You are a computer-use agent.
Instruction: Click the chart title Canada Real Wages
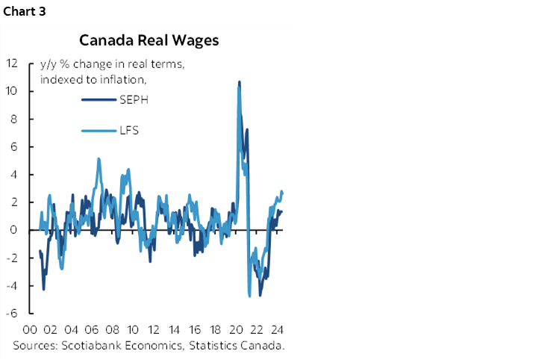(149, 40)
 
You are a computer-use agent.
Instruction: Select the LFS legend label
(129, 131)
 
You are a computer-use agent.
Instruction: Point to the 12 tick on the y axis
(11, 63)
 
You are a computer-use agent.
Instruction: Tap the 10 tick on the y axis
(11, 91)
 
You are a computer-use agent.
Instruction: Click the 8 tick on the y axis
(13, 119)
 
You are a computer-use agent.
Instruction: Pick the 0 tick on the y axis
(13, 230)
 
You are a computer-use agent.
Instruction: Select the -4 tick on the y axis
(12, 285)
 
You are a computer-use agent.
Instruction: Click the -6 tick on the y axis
(12, 313)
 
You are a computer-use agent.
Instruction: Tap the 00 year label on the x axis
(31, 330)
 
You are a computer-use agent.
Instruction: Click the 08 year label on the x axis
(112, 330)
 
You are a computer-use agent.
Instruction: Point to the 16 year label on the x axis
(195, 330)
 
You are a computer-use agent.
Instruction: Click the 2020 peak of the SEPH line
(239, 81)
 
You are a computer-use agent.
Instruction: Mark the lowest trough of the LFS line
(249, 297)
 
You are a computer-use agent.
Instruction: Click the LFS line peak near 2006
(99, 158)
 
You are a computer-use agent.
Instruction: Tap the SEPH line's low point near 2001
(43, 289)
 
